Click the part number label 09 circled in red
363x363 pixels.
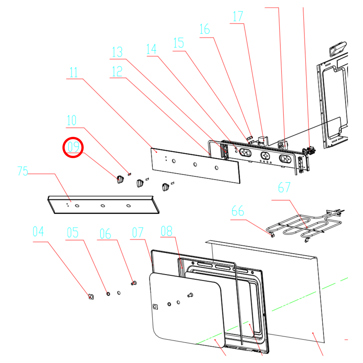(73, 147)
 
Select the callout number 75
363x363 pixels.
(23, 171)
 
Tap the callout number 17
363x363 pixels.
(238, 17)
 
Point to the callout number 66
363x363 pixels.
(238, 211)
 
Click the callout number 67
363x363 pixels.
(284, 187)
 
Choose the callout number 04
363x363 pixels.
(38, 231)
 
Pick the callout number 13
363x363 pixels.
(117, 52)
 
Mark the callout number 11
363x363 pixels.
(73, 73)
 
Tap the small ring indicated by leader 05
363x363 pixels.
(108, 294)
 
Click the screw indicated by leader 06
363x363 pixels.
(134, 283)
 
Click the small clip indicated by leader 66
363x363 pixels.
(273, 235)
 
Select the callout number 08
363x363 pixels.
(167, 231)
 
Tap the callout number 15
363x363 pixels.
(179, 43)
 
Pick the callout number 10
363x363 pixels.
(72, 121)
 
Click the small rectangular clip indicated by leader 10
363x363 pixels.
(129, 174)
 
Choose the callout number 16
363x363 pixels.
(204, 29)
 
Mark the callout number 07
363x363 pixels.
(138, 233)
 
